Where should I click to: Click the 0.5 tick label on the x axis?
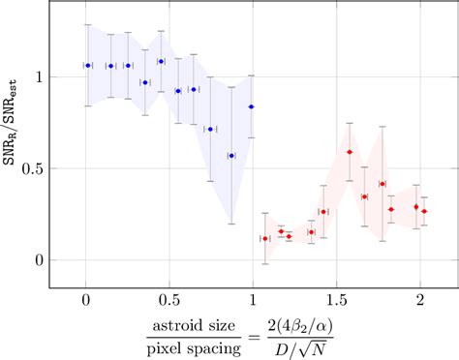[169, 300]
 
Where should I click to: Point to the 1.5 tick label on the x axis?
[336, 300]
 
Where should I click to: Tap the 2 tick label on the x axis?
[419, 300]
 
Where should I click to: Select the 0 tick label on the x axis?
[86, 300]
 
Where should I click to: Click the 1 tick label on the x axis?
[253, 300]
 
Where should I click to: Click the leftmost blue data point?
[88, 66]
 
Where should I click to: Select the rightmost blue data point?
[252, 106]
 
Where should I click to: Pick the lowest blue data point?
[231, 155]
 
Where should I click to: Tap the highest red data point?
[350, 152]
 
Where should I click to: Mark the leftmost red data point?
[265, 238]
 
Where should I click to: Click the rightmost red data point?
[424, 211]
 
